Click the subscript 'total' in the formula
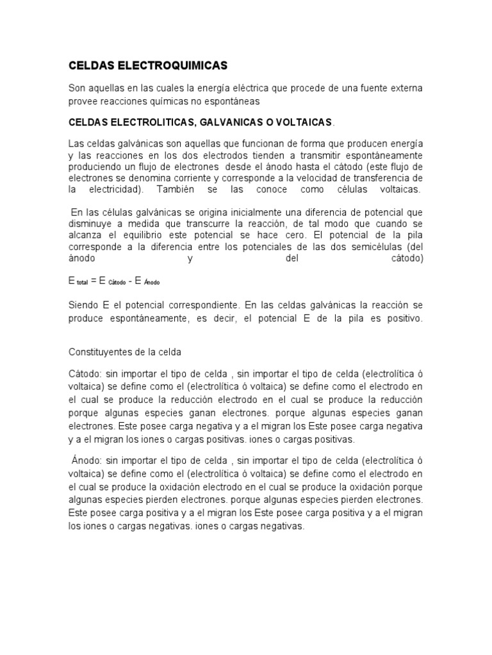(x=83, y=283)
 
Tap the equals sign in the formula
(x=94, y=281)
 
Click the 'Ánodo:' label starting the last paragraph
(x=86, y=459)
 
